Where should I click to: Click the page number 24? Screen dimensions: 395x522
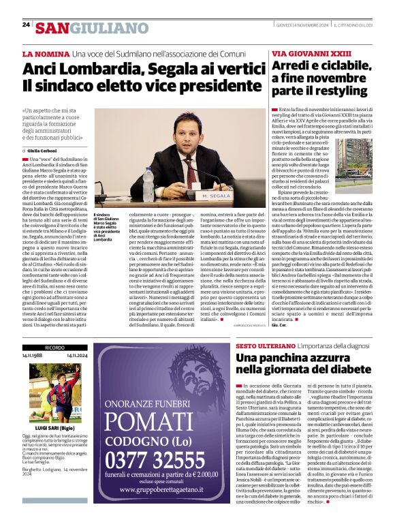[26, 25]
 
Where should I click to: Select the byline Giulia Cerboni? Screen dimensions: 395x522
[42, 150]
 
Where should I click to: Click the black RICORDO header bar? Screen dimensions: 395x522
[55, 347]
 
